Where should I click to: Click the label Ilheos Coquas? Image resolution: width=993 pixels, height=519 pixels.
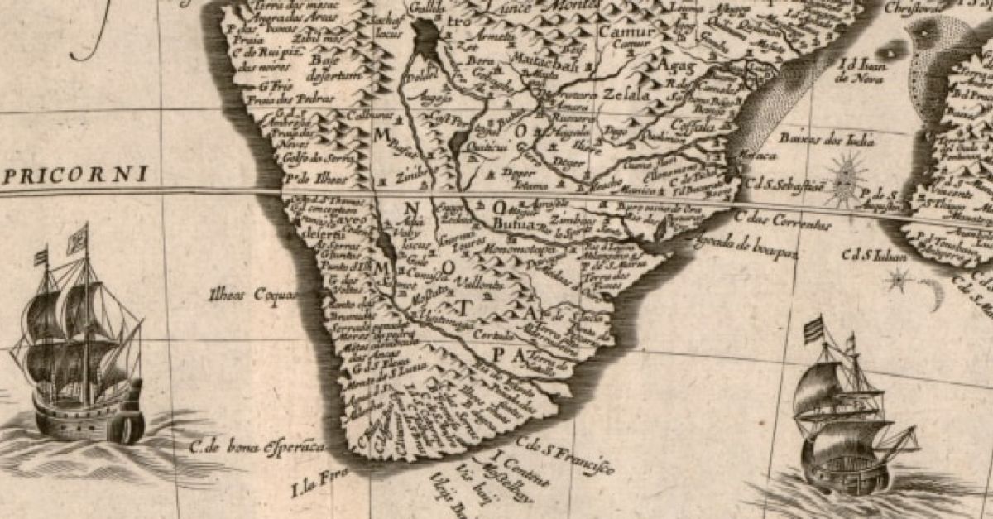coord(244,293)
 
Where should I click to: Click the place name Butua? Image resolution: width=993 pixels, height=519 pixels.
coord(510,223)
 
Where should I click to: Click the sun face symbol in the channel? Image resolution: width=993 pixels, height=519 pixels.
coord(846,178)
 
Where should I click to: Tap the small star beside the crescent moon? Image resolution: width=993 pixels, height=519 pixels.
coord(897,281)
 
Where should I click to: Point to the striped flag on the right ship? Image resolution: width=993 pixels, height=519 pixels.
coord(814,329)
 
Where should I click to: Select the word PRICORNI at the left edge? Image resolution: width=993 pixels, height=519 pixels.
coord(74,175)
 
